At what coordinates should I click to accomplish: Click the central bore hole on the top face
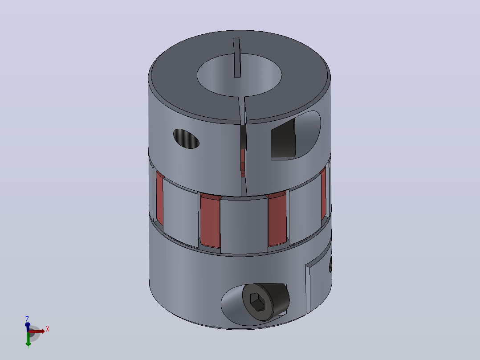point(239,75)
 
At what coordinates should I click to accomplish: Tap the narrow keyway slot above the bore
point(236,57)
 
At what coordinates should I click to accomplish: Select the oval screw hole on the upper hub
point(186,139)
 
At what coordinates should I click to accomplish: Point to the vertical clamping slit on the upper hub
point(243,147)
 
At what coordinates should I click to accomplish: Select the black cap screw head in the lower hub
point(265,302)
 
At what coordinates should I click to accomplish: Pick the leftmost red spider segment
point(159,198)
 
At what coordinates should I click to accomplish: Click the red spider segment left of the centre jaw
point(210,221)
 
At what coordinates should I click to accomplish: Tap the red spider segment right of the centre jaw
point(277,219)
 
